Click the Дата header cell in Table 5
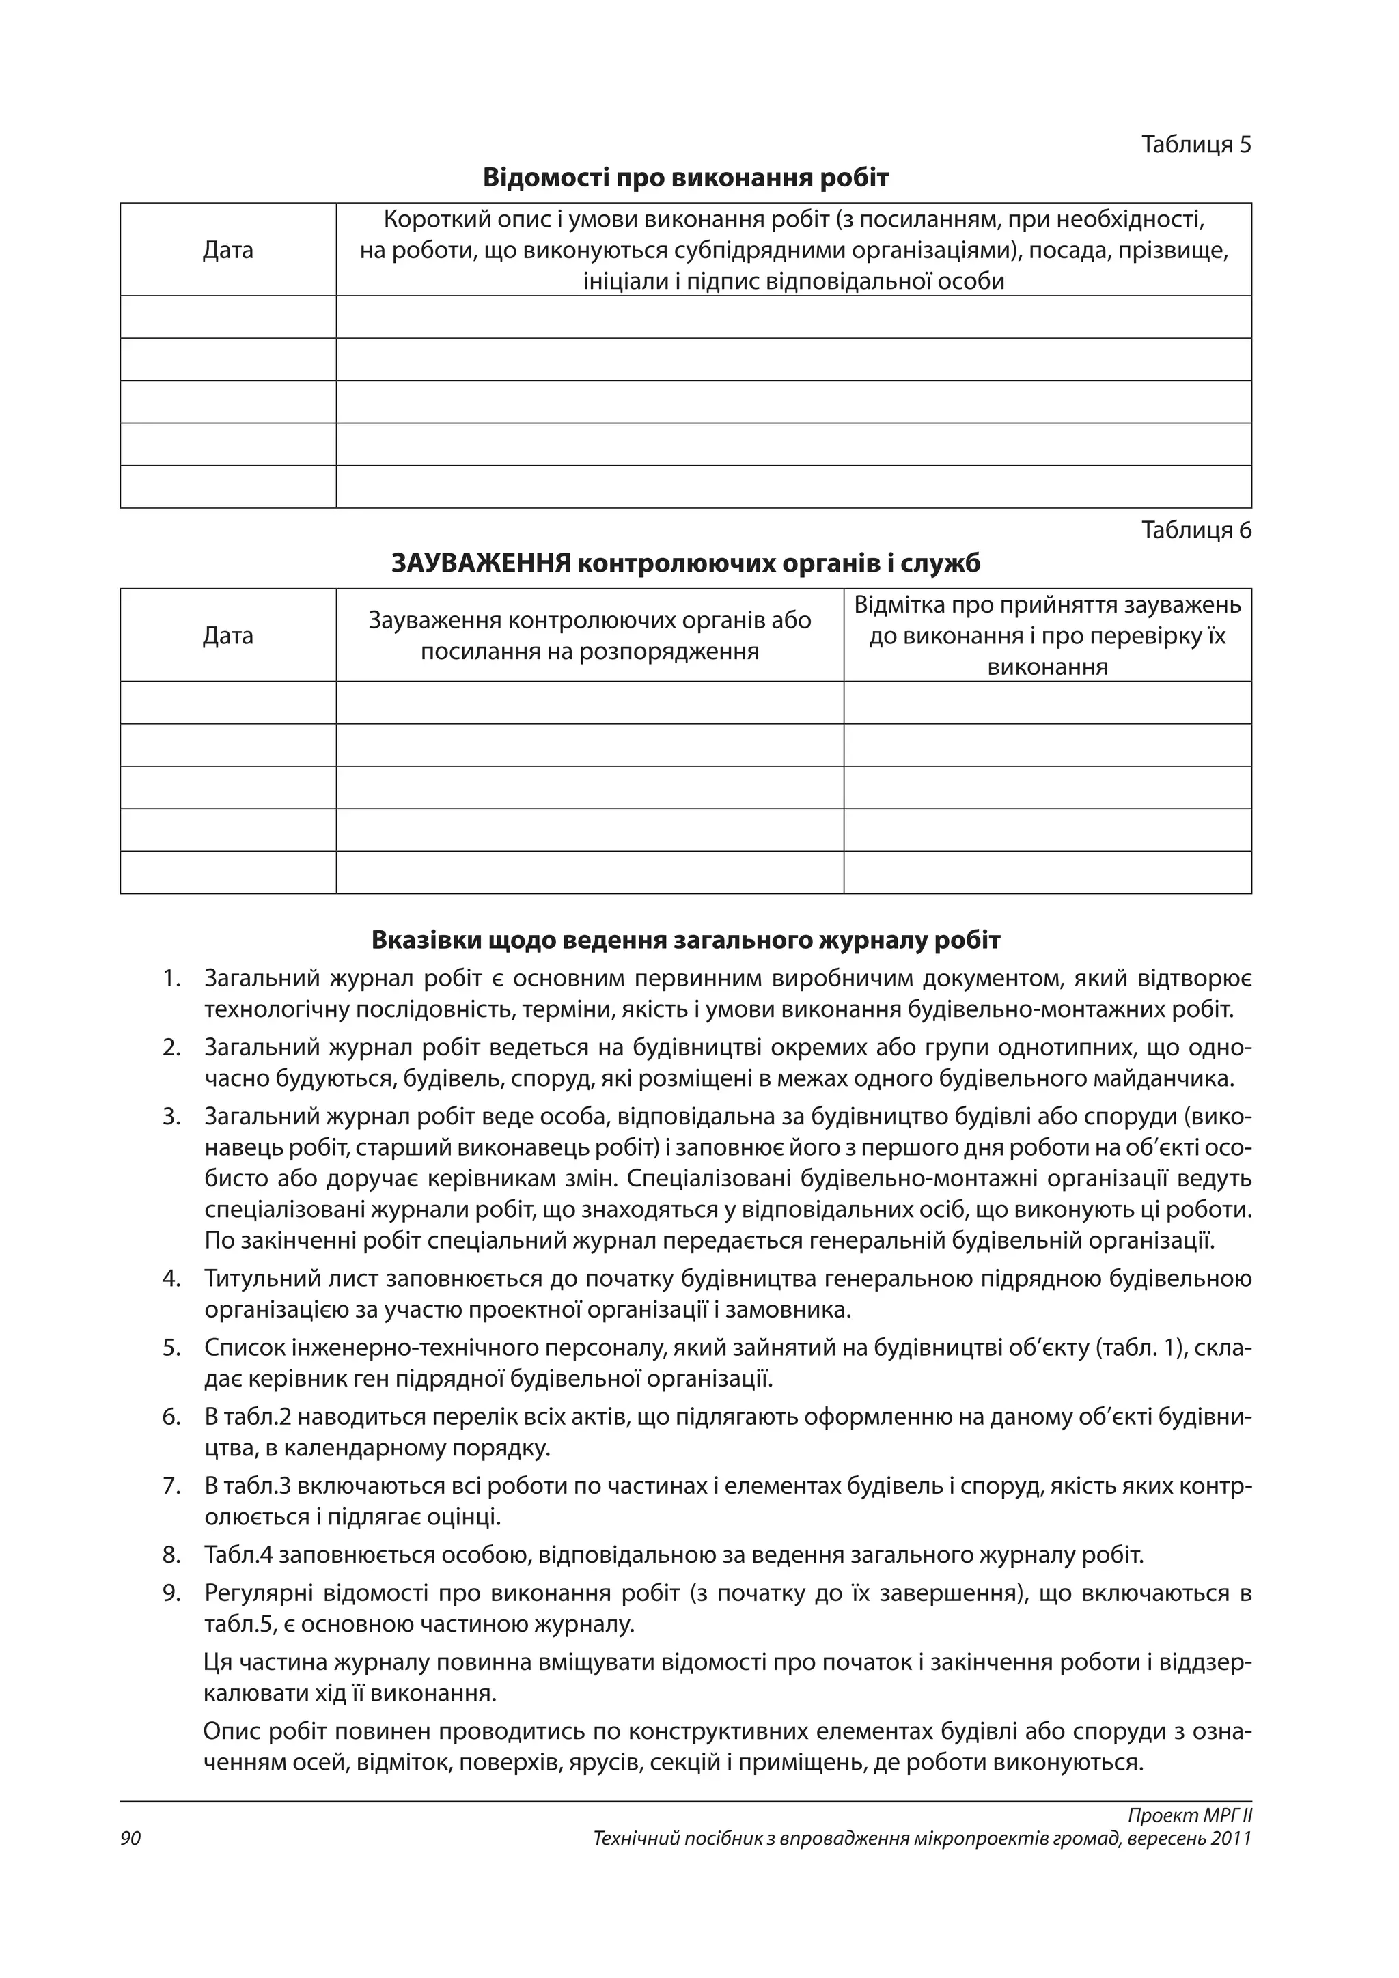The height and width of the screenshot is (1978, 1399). [227, 251]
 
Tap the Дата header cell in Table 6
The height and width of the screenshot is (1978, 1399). [227, 636]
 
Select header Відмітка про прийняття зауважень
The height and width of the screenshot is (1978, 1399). [1047, 604]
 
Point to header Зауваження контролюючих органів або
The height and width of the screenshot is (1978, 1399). [590, 620]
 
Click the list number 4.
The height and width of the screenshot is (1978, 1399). [171, 1278]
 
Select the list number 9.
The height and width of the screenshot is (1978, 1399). [171, 1593]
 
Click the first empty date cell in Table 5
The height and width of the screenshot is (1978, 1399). [227, 317]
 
